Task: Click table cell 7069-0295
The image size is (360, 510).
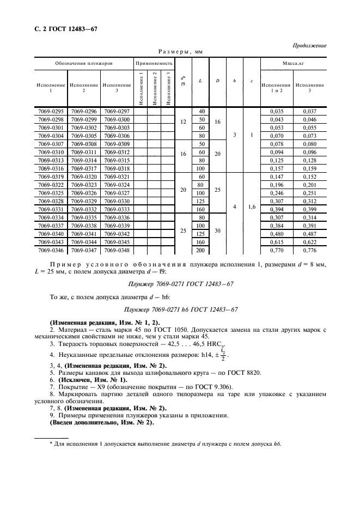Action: coord(51,112)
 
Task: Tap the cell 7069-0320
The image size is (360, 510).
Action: coord(84,177)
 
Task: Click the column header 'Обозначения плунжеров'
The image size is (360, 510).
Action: coord(84,63)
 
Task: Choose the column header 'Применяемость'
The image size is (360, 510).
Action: coord(154,63)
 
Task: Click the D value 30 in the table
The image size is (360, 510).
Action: coord(217,230)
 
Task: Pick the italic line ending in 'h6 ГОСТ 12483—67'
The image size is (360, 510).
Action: coord(180,309)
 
